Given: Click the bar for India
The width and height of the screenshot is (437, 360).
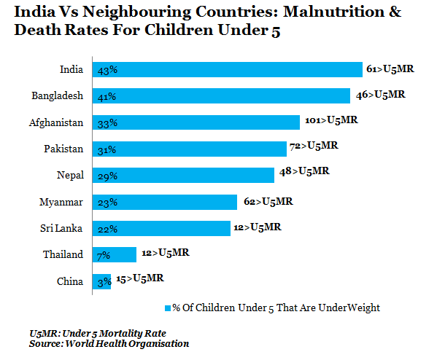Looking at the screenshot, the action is (x=228, y=70).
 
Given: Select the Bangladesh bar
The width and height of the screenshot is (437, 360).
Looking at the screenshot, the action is (x=221, y=95).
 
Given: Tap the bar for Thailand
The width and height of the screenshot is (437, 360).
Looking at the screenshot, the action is (x=115, y=254).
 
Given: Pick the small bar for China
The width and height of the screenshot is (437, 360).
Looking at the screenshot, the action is (x=101, y=281).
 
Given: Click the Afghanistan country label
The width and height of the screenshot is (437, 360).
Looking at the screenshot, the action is (x=56, y=122).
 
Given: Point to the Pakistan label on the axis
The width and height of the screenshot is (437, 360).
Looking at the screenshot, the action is (x=63, y=149).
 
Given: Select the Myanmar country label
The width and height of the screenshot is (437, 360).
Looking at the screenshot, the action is (x=61, y=202).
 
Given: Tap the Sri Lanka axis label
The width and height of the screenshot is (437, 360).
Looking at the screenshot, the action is (x=61, y=228).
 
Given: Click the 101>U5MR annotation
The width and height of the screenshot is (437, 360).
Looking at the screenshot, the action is (x=331, y=120).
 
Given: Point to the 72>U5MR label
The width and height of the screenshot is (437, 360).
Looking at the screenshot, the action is (x=314, y=146).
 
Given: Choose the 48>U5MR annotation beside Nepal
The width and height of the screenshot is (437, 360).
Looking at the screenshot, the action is (x=304, y=171).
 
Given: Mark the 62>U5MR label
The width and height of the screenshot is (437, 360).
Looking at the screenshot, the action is (x=268, y=201).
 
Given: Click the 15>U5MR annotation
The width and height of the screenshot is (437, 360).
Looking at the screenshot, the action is (x=140, y=278).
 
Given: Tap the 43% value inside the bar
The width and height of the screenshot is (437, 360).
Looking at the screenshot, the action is (x=107, y=71).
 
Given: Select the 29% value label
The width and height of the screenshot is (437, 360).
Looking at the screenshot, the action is (x=107, y=176).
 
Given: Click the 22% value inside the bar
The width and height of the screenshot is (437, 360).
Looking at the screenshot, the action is (x=107, y=230).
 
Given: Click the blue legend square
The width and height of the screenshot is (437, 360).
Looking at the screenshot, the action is (x=168, y=308).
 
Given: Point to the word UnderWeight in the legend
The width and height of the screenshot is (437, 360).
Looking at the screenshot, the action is (x=349, y=308).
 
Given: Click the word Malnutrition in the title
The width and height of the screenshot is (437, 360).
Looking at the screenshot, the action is (x=333, y=12).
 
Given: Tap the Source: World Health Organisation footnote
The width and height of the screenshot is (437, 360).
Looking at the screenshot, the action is (x=109, y=343).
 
